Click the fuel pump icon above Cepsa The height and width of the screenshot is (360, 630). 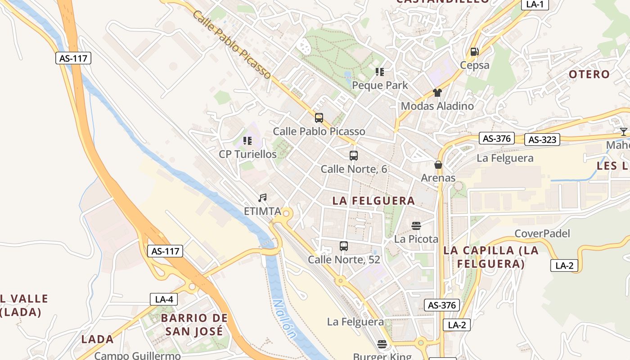coord(474,52)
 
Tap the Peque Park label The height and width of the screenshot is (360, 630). coord(380,85)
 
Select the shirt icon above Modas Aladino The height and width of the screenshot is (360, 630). coord(437,93)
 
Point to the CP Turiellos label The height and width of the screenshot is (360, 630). coord(247,154)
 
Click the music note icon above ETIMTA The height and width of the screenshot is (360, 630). coord(262,198)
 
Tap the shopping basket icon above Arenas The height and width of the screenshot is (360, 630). coord(438,165)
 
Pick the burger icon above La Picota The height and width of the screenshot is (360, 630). coord(416,225)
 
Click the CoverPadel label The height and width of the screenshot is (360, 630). coord(542,234)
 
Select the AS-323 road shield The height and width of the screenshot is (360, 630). coord(542,139)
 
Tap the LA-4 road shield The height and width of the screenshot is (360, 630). coord(164,299)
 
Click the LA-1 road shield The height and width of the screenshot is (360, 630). coord(535,4)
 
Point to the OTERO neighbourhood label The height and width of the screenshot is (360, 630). coord(589,74)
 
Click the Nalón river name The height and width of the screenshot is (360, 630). coord(285,319)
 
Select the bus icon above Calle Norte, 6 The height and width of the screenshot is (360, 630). coord(354,156)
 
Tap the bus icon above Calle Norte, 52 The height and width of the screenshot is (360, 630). coord(344,246)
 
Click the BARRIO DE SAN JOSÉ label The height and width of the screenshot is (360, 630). coord(194,324)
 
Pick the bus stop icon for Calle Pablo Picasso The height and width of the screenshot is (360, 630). coord(319,118)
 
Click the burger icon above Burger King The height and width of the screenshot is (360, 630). coord(382,345)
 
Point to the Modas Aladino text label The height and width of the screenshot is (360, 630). coord(437,106)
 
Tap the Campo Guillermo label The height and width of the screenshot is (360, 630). coord(137,355)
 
